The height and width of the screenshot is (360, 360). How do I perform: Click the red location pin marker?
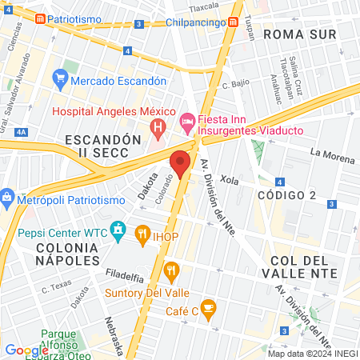click(x=181, y=162)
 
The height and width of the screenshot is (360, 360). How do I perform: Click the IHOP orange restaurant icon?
click(x=144, y=234)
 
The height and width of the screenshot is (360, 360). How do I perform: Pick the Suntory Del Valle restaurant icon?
click(x=171, y=271)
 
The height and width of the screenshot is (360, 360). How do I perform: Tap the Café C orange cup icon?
click(x=208, y=306)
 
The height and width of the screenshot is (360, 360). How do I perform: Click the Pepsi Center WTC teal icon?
click(x=118, y=233)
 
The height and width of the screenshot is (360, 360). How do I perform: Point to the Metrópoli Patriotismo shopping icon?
click(x=7, y=197)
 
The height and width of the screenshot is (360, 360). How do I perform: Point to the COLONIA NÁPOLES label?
click(x=67, y=254)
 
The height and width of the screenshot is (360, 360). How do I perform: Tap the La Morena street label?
click(x=333, y=155)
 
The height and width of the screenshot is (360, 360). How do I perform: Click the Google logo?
click(x=26, y=350)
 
